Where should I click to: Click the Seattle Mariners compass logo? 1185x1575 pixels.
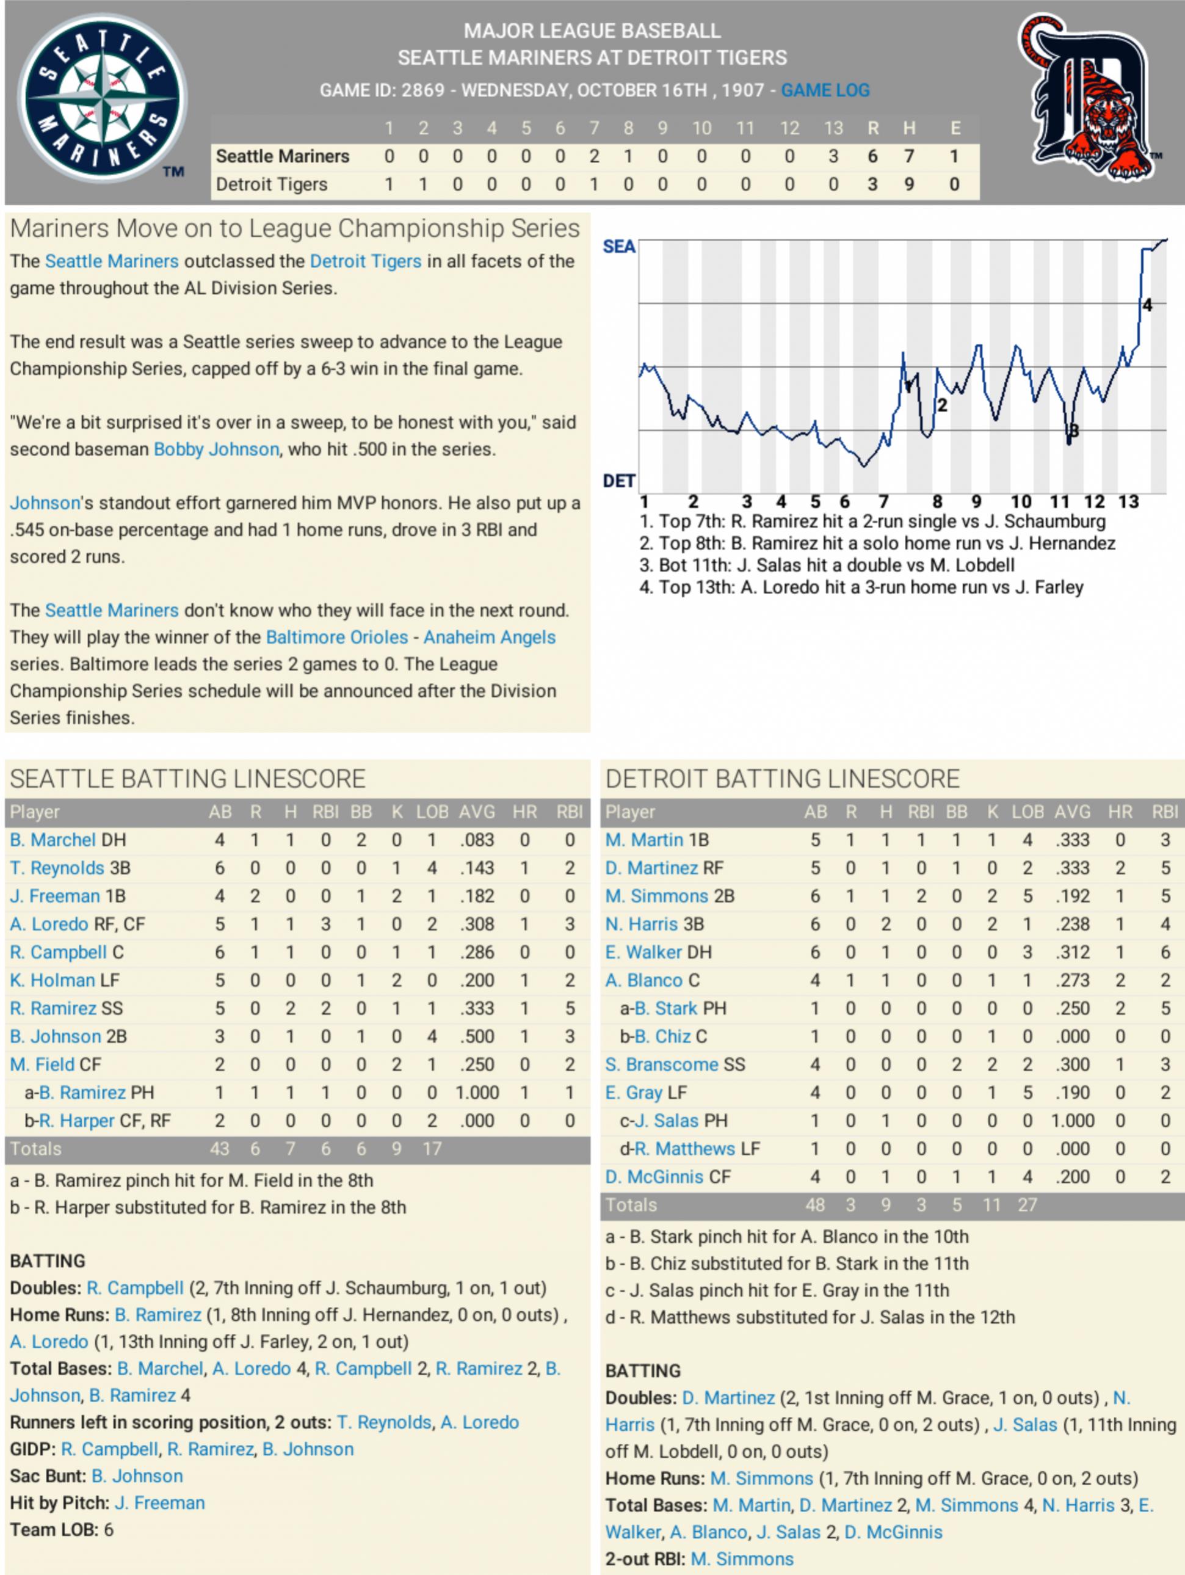click(102, 98)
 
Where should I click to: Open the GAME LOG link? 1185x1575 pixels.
click(825, 90)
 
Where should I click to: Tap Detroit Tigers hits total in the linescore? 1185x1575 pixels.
click(909, 184)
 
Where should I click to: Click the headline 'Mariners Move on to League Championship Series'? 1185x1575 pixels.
click(295, 228)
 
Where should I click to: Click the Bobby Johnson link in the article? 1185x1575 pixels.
click(216, 449)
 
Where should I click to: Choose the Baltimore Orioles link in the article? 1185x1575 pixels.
click(336, 637)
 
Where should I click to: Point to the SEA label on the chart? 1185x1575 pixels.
click(618, 246)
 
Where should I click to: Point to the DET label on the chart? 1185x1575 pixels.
click(618, 481)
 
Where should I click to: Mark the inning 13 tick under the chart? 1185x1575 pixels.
click(1128, 502)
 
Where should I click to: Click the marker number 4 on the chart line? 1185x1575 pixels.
click(1147, 305)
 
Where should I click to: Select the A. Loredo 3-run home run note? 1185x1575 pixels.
click(861, 587)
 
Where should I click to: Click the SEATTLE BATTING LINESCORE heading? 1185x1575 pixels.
click(188, 779)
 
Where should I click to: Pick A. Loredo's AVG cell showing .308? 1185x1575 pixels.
click(476, 924)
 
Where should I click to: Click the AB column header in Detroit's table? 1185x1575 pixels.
click(815, 812)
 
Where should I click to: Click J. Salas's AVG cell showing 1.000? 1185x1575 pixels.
click(1072, 1121)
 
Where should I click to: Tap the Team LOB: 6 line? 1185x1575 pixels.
click(61, 1529)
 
